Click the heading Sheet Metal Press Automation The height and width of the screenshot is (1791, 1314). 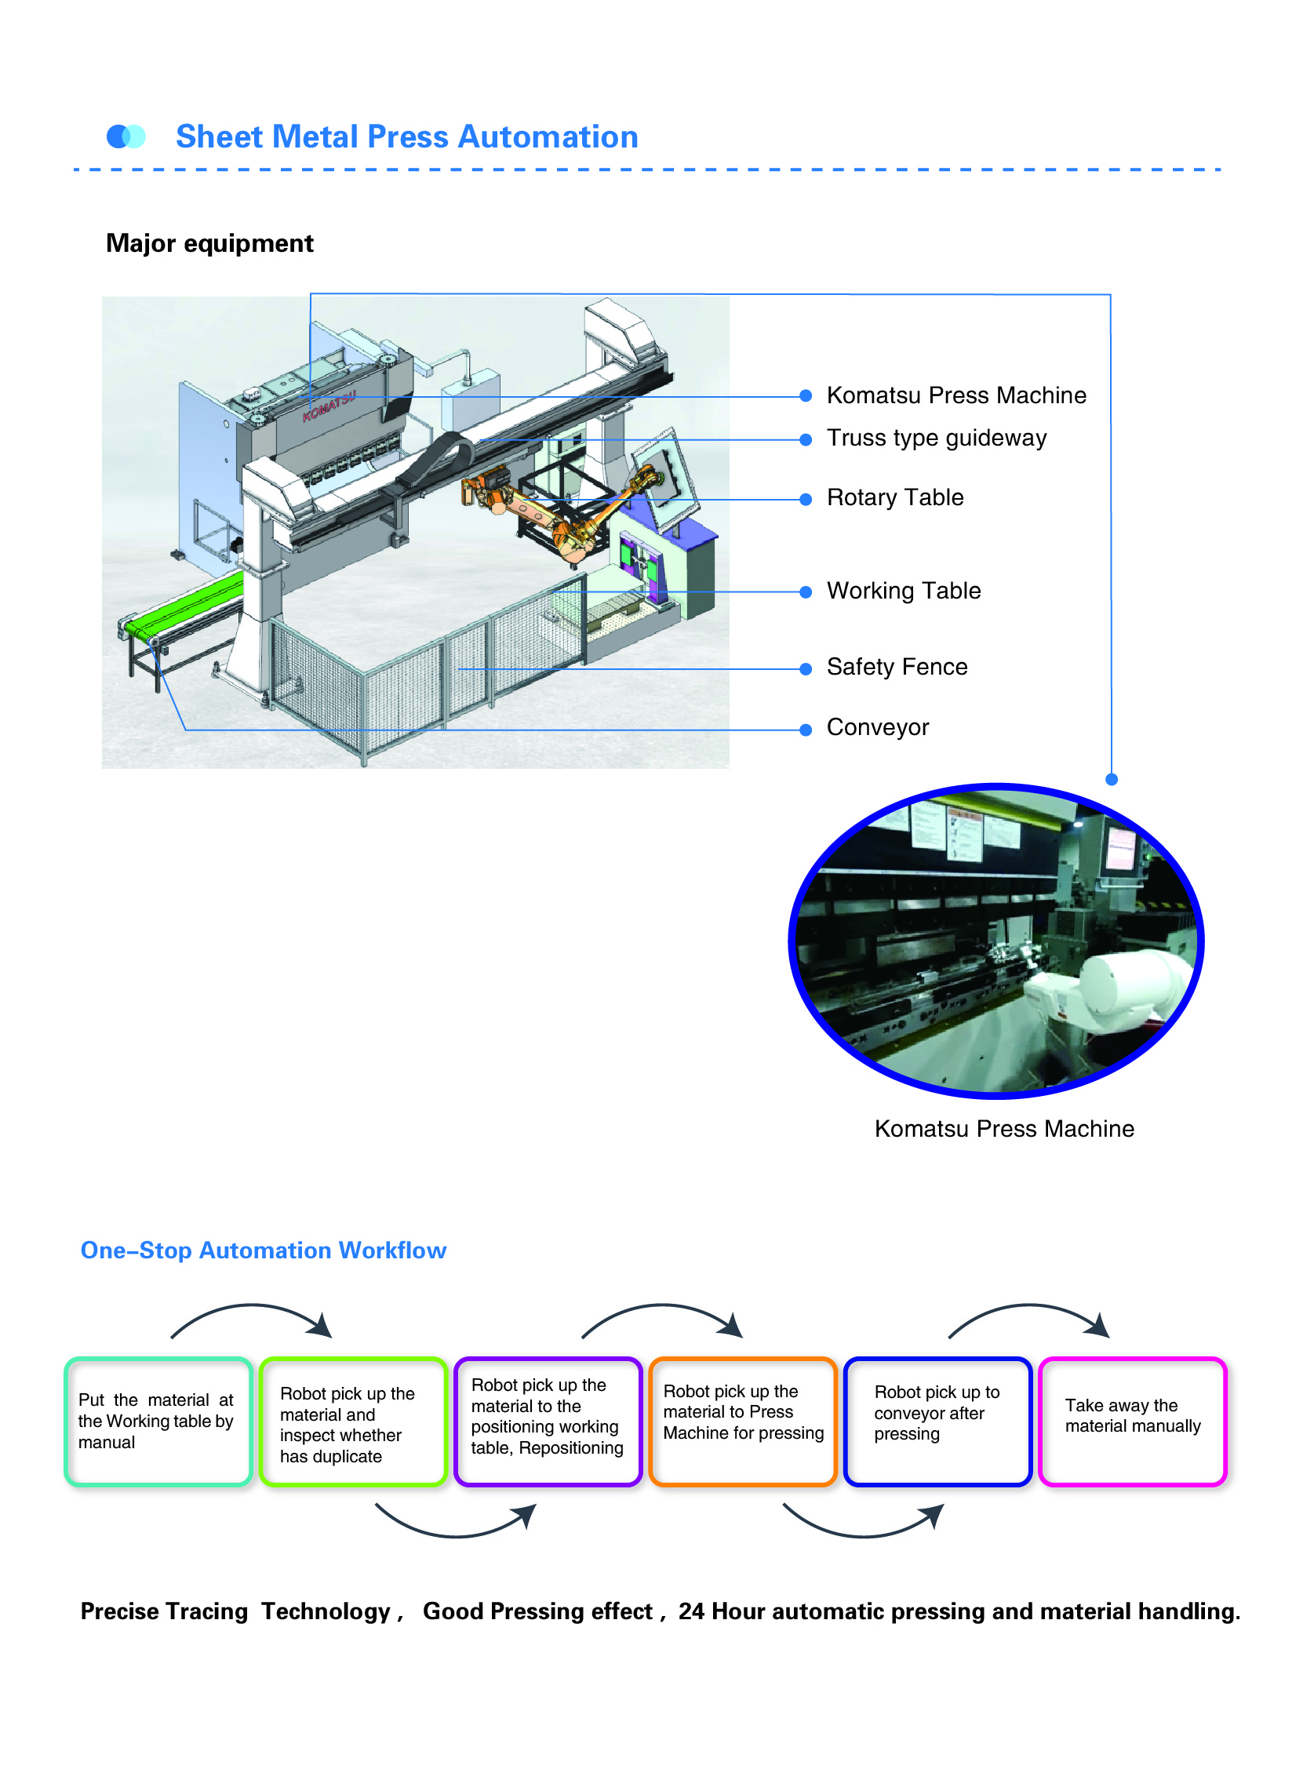[x=406, y=137]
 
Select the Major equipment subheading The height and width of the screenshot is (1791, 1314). [x=209, y=243]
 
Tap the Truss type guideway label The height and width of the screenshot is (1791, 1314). [x=936, y=439]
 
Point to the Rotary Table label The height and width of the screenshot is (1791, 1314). [x=895, y=498]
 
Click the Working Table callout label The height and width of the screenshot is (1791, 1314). [x=904, y=591]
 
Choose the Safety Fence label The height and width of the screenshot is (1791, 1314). [x=897, y=668]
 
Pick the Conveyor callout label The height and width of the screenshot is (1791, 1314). [x=877, y=728]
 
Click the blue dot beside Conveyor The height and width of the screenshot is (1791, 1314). [x=806, y=730]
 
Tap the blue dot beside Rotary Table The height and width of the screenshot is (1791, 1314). [x=806, y=501]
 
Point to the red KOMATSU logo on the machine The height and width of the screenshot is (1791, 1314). [x=329, y=406]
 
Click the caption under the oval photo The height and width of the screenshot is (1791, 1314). [x=1004, y=1130]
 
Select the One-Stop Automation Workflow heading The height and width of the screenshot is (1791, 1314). [x=264, y=1251]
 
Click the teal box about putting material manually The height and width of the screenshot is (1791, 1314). [x=158, y=1422]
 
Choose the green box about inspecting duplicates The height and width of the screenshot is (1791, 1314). [x=353, y=1422]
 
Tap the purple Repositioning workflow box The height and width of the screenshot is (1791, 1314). [x=548, y=1422]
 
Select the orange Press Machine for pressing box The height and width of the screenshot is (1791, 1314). [x=743, y=1422]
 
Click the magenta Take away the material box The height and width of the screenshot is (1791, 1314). [x=1133, y=1422]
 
